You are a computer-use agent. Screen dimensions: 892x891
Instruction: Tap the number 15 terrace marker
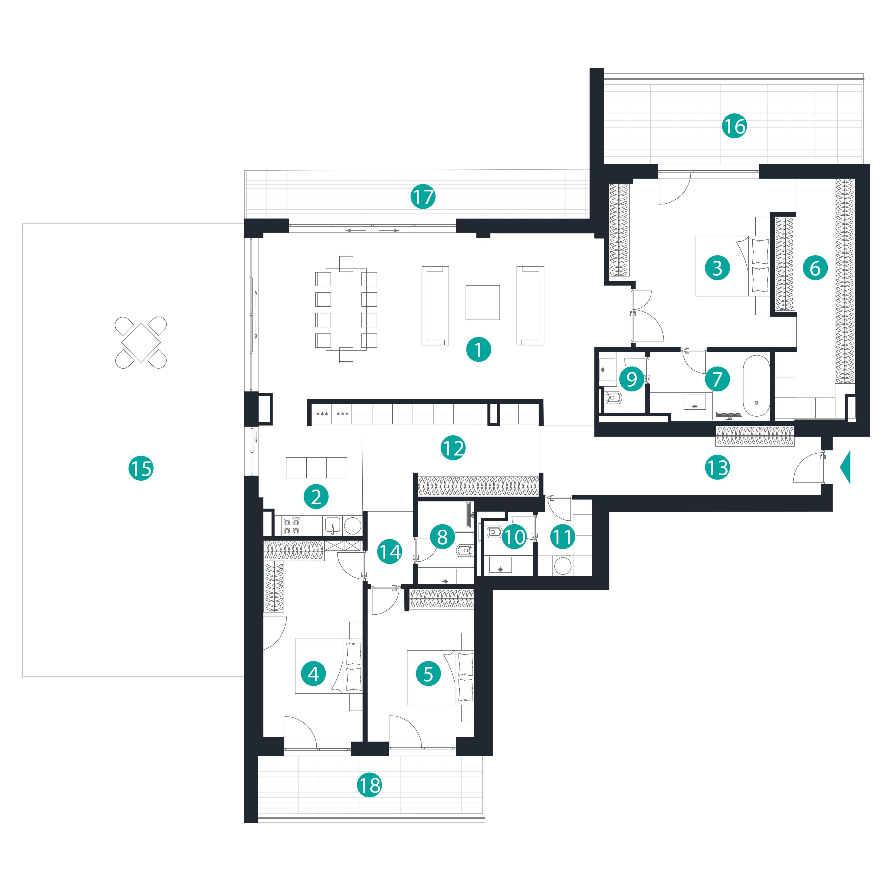point(141,468)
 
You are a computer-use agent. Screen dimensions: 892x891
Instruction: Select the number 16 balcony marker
point(734,126)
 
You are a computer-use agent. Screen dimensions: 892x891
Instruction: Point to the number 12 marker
point(453,447)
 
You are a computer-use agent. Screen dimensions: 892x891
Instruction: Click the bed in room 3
point(733,266)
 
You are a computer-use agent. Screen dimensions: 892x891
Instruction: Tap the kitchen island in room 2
point(316,467)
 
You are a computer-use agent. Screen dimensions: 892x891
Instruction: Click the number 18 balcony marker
point(369,785)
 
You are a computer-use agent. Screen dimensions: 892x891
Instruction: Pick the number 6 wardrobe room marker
point(815,268)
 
